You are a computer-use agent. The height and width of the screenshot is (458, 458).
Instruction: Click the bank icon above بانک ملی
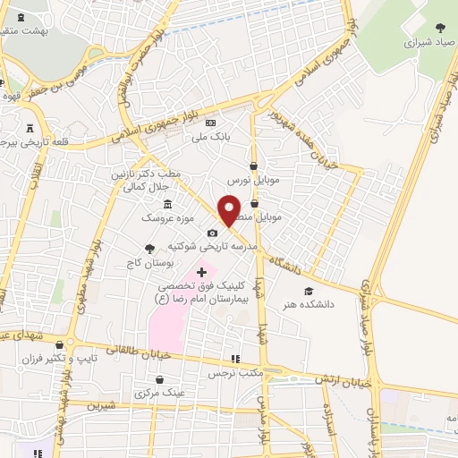tap(210, 123)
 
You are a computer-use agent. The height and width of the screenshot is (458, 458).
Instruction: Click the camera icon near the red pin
tap(212, 233)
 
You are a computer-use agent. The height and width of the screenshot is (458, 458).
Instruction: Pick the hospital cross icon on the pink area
tap(200, 270)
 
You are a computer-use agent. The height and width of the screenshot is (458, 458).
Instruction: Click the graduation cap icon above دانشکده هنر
tap(309, 291)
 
